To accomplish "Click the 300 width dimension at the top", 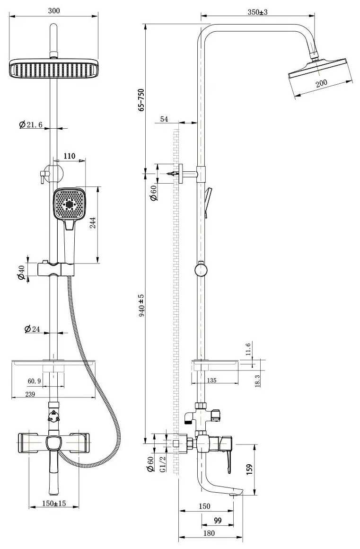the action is click(54, 10).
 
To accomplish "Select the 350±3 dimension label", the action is click(257, 12).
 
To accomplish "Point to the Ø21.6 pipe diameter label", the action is click(31, 124).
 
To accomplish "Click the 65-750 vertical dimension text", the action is click(141, 100).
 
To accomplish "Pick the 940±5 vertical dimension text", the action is click(141, 306).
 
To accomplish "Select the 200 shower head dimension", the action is click(321, 83).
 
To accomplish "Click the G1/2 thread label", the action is click(163, 463).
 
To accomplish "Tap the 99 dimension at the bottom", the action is click(218, 521).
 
